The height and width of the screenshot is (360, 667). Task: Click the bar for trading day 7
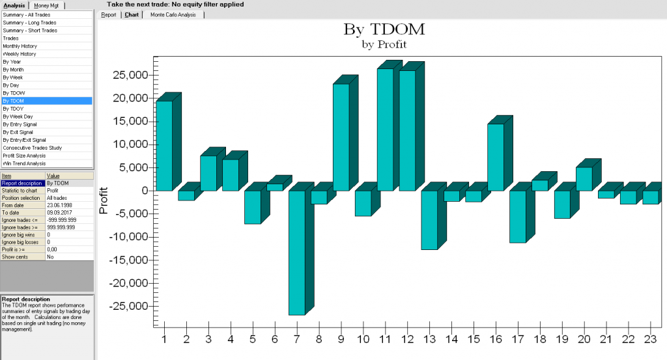pyautogui.click(x=297, y=253)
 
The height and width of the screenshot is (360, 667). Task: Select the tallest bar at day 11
pyautogui.click(x=386, y=130)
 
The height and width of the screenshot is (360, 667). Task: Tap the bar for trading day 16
pyautogui.click(x=496, y=157)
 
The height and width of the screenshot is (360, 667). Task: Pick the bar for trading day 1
pyautogui.click(x=164, y=146)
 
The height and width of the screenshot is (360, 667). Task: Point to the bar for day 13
pyautogui.click(x=429, y=219)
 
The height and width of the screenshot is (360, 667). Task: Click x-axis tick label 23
pyautogui.click(x=650, y=339)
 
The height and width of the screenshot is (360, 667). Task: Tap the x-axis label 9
pyautogui.click(x=341, y=339)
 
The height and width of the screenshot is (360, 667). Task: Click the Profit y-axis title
pyautogui.click(x=104, y=201)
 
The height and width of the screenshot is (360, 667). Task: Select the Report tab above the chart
pyautogui.click(x=109, y=14)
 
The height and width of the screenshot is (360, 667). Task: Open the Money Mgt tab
pyautogui.click(x=46, y=5)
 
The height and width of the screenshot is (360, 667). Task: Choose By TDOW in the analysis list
pyautogui.click(x=14, y=93)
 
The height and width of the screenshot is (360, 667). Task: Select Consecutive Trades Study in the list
pyautogui.click(x=32, y=148)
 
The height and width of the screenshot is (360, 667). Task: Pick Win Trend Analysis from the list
pyautogui.click(x=24, y=163)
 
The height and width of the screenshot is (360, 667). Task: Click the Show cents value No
pyautogui.click(x=50, y=257)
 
